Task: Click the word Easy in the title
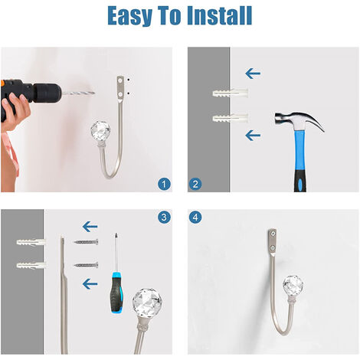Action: [129, 16]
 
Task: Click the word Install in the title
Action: [220, 15]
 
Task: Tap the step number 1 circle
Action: [164, 184]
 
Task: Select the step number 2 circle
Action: [195, 184]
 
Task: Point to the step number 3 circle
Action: [164, 218]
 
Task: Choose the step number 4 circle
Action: [195, 218]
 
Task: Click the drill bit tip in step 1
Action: [94, 93]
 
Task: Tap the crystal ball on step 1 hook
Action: [100, 131]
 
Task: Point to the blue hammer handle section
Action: [299, 150]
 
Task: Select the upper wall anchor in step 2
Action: [231, 93]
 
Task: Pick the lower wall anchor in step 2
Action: [231, 118]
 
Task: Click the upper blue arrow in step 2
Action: [253, 74]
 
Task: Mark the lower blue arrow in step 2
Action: [253, 136]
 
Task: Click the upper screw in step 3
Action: [87, 242]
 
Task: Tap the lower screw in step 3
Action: [87, 265]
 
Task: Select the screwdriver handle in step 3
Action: [117, 293]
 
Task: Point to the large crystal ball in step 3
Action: [147, 303]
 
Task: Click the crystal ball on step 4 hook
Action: [293, 285]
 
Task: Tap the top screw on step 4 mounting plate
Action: [273, 233]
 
